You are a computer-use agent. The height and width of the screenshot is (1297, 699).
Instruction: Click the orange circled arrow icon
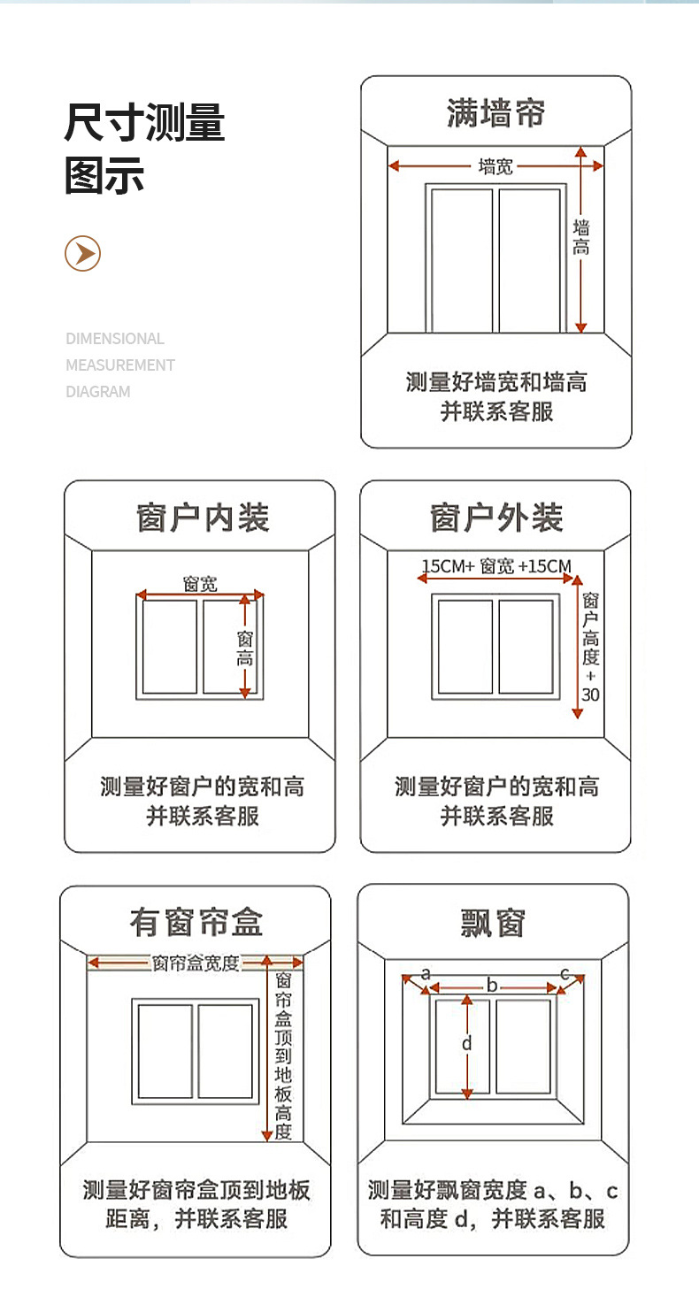pos(82,254)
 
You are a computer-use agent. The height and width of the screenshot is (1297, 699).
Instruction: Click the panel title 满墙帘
pos(495,114)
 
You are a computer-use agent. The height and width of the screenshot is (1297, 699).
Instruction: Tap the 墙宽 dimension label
pos(495,165)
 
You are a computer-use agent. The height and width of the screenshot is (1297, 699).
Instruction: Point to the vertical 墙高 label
pos(581,238)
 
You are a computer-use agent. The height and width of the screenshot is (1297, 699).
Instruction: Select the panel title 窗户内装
pos(203,518)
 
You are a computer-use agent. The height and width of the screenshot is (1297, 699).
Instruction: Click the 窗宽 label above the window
pos(200,584)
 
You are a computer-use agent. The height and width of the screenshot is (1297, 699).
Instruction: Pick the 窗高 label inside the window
pos(245,648)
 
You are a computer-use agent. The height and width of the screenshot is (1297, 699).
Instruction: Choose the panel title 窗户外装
pos(496,518)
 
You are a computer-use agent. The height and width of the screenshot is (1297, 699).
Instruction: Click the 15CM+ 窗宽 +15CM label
pos(495,566)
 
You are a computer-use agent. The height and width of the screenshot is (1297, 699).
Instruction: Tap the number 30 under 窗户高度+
pos(590,695)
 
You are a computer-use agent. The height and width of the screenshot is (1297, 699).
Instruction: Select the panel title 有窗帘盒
pos(196,923)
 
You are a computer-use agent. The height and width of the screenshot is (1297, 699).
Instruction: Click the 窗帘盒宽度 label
pos(196,963)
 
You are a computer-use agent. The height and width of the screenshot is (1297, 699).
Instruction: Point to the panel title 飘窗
pos(494,923)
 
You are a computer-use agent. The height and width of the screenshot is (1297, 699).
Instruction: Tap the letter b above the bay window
pos(493,986)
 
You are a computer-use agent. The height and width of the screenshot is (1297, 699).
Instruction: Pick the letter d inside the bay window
pos(467,1044)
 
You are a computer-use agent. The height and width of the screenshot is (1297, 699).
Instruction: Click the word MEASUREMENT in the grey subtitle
pos(120,365)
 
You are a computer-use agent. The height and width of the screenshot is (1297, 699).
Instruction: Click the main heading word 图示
pos(104,174)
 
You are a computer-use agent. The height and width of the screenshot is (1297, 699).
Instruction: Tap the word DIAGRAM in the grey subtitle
pos(98,391)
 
